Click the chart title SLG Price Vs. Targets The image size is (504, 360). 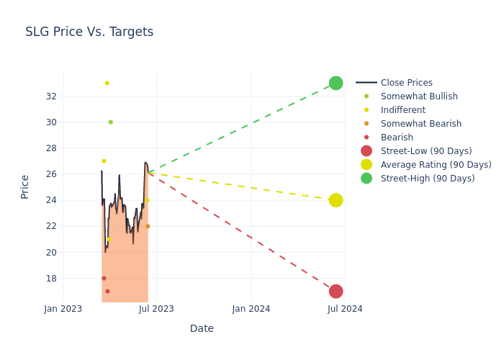pyautogui.click(x=89, y=32)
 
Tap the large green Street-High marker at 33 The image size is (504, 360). pyautogui.click(x=336, y=83)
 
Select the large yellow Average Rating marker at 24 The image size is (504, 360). pyautogui.click(x=336, y=200)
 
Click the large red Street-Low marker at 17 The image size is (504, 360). pyautogui.click(x=336, y=291)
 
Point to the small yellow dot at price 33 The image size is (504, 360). pyautogui.click(x=107, y=83)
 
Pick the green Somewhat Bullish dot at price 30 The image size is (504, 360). pyautogui.click(x=110, y=122)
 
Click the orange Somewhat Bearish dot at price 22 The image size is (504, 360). pyautogui.click(x=148, y=226)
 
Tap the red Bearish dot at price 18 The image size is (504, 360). pyautogui.click(x=104, y=278)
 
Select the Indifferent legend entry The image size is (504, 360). pyautogui.click(x=402, y=110)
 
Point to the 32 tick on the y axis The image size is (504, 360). pyautogui.click(x=51, y=96)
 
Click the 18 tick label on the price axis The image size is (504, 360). pyautogui.click(x=51, y=278)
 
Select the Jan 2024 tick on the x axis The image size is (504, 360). pyautogui.click(x=251, y=309)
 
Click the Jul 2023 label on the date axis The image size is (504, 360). pyautogui.click(x=156, y=309)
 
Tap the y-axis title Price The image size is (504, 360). pyautogui.click(x=25, y=186)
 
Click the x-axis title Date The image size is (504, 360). pyautogui.click(x=202, y=328)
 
